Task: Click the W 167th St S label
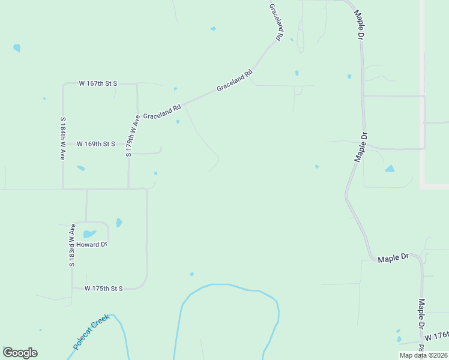click(x=98, y=84)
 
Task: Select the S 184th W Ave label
click(x=62, y=137)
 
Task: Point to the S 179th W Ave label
click(x=133, y=136)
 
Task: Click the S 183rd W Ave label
click(x=71, y=245)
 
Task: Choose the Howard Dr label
click(x=91, y=245)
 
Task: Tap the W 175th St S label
click(x=103, y=289)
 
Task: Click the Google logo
click(x=20, y=353)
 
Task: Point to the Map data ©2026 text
click(x=423, y=355)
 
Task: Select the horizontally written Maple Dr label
click(x=393, y=258)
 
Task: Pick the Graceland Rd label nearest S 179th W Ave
click(x=161, y=112)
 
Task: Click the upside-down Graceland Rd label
click(x=276, y=22)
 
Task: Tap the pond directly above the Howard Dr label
click(x=89, y=234)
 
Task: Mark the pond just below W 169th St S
click(x=81, y=168)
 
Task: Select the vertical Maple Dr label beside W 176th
click(x=421, y=313)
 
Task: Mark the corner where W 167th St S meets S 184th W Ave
click(x=63, y=84)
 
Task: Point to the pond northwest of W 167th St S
click(x=17, y=48)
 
